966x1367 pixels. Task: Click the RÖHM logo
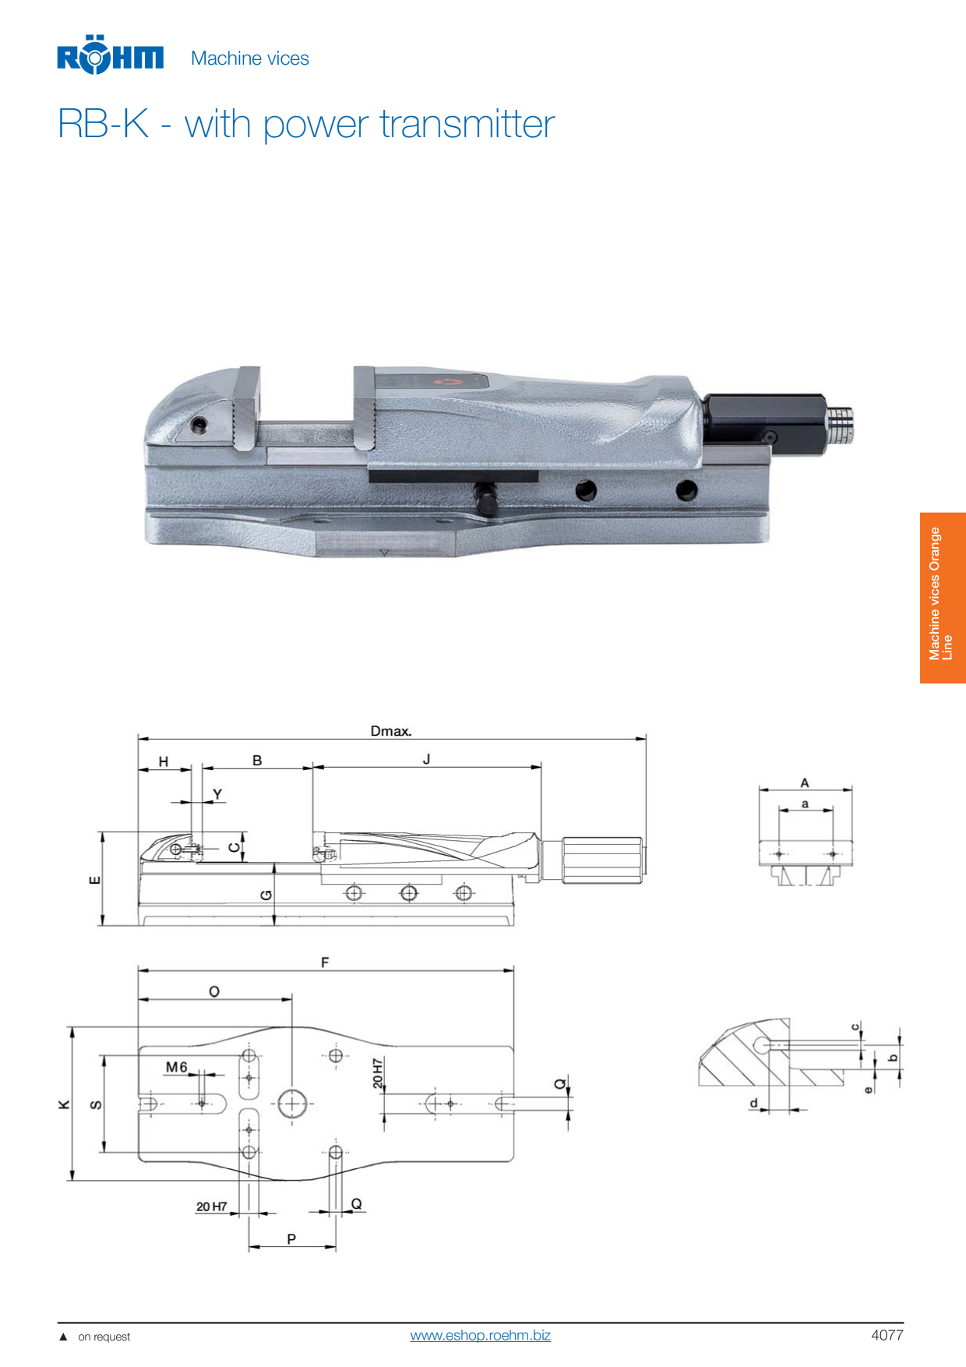[x=110, y=55]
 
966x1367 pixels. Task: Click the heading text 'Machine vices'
[x=250, y=58]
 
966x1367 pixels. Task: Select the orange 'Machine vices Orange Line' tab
[x=943, y=598]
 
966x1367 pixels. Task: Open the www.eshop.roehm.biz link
[x=480, y=1335]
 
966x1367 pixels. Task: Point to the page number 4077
[x=887, y=1335]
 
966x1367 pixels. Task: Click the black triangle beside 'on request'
[x=63, y=1337]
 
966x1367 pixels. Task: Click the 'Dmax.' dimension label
[x=391, y=730]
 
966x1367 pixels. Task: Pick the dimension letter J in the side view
[x=426, y=758]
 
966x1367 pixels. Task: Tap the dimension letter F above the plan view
[x=325, y=963]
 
